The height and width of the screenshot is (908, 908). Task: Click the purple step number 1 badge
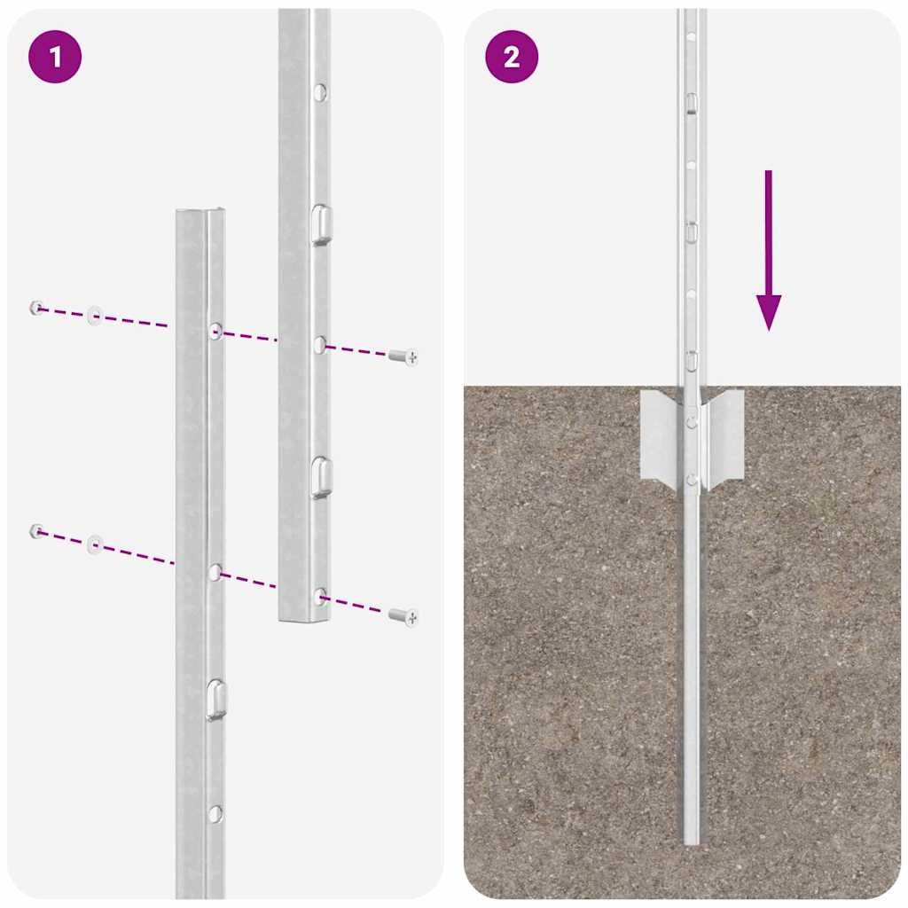(x=55, y=58)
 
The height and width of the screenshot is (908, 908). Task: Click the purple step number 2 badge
(x=512, y=58)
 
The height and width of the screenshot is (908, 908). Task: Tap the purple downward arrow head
(x=768, y=312)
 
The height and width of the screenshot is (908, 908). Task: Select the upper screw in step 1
(x=403, y=356)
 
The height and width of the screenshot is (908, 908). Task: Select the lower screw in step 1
(x=404, y=615)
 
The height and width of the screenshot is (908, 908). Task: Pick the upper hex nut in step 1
(x=35, y=308)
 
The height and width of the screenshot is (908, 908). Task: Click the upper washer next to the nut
(x=94, y=316)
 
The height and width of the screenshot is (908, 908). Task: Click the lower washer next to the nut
(x=94, y=544)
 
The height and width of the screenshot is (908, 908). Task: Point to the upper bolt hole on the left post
(x=215, y=332)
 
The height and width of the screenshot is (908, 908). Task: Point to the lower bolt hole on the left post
(x=215, y=572)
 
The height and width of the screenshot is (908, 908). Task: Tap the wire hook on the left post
(x=215, y=700)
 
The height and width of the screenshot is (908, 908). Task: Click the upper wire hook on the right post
(x=321, y=223)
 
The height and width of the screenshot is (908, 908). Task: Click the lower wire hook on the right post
(x=321, y=477)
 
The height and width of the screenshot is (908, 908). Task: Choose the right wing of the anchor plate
(x=724, y=435)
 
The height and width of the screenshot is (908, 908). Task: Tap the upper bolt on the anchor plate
(x=692, y=422)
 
